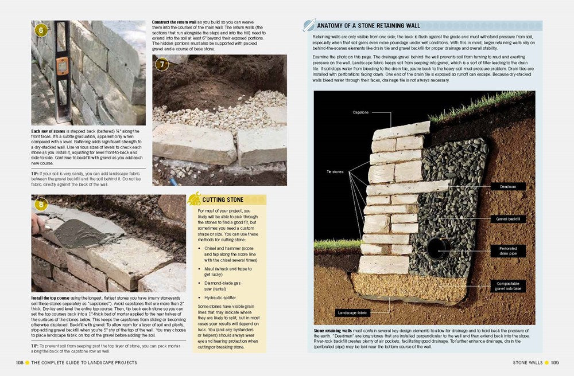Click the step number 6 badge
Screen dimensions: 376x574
coord(41,30)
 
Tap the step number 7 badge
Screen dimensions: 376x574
coord(162,64)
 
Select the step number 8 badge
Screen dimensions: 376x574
coord(41,205)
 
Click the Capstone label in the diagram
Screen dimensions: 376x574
coord(361,112)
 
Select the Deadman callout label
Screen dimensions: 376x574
coord(507,186)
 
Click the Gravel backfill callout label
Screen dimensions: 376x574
coord(507,219)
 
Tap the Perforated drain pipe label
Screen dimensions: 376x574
coord(508,250)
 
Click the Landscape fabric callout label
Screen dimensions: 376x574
coord(352,313)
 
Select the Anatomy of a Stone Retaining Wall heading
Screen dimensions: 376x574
coord(368,26)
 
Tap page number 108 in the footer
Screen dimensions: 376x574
coord(19,362)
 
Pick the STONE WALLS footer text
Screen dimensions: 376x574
coord(528,362)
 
